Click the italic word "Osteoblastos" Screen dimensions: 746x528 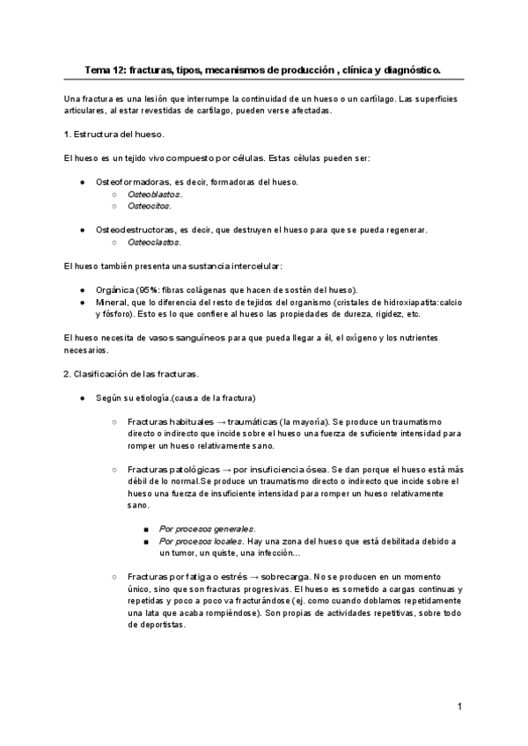pos(154,194)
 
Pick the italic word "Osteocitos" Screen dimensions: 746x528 pos(149,206)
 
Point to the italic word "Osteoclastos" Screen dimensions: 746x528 pos(154,242)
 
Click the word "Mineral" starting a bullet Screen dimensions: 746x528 pos(112,302)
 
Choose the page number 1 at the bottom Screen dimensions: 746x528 pos(459,706)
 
